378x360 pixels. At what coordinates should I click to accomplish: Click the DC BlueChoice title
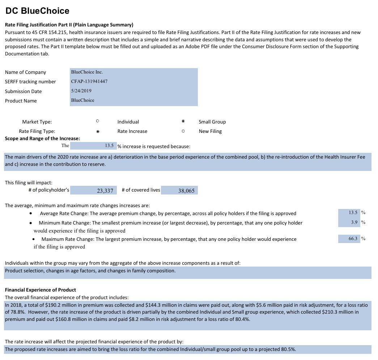(x=37, y=11)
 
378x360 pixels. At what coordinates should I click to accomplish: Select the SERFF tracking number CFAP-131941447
(x=89, y=81)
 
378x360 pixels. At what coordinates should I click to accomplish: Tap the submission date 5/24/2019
(x=81, y=91)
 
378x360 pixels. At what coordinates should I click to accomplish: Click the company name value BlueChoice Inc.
(x=87, y=72)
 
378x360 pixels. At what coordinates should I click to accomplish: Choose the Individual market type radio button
(x=98, y=121)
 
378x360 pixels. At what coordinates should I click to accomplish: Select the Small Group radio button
(x=183, y=121)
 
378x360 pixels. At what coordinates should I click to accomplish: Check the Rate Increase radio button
(x=98, y=131)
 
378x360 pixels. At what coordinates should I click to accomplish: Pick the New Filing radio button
(x=183, y=131)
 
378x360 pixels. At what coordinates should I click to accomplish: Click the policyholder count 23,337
(x=105, y=191)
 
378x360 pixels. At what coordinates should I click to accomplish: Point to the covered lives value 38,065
(x=186, y=191)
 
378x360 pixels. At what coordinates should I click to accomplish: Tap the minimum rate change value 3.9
(x=354, y=222)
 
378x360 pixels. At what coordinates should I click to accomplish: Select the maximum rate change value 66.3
(x=353, y=238)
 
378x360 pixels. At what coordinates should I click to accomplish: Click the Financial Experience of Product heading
(x=41, y=290)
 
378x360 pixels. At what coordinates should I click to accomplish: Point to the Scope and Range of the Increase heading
(x=42, y=138)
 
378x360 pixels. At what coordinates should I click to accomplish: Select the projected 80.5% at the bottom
(x=288, y=349)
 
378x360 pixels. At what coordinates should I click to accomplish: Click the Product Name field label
(x=21, y=101)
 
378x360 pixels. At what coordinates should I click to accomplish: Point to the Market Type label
(x=37, y=122)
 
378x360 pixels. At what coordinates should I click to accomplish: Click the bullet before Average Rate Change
(x=31, y=214)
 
